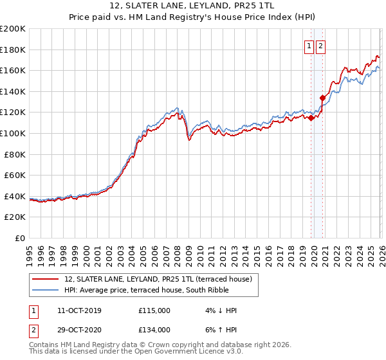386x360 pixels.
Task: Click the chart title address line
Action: click(192, 7)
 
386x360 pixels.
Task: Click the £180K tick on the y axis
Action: click(13, 50)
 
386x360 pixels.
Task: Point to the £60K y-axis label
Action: click(15, 175)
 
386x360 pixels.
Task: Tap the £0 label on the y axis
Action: click(21, 238)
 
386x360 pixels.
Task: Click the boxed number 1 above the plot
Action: click(309, 46)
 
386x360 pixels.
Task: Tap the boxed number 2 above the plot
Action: click(320, 46)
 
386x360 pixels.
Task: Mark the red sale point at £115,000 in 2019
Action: click(311, 118)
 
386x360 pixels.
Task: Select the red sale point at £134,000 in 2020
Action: click(322, 98)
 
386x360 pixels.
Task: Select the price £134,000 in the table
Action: click(154, 330)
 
